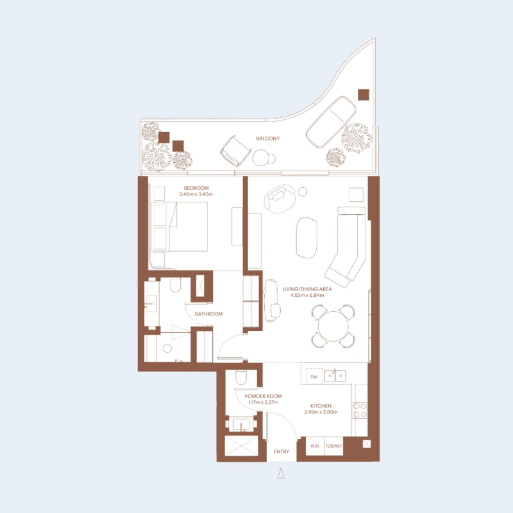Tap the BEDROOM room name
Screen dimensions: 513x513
[195, 188]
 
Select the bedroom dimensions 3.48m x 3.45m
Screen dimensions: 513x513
[195, 194]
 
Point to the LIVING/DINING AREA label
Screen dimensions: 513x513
[307, 289]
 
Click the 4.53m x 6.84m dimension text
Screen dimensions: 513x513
[307, 296]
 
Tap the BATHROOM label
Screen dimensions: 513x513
[208, 314]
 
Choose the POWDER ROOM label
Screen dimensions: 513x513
[263, 397]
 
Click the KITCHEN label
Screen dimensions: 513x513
[321, 407]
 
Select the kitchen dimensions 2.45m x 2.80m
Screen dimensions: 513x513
[321, 414]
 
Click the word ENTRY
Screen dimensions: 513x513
[281, 451]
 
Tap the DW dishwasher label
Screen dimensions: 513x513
[314, 377]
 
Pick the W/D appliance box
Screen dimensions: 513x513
[315, 446]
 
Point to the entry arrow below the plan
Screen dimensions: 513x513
[281, 474]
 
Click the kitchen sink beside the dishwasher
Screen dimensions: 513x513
[333, 374]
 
